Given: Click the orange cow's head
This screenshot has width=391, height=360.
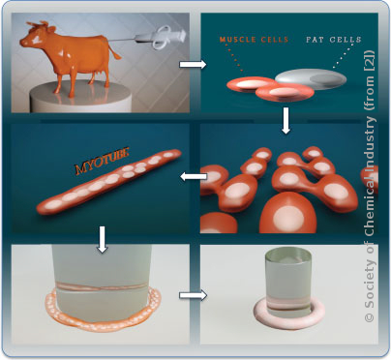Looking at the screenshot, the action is tap(32, 36).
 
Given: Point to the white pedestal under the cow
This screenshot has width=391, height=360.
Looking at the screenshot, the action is tap(80, 97).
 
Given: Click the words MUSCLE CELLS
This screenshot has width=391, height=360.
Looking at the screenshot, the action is tap(254, 40).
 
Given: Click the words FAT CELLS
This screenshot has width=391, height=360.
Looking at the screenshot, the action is tap(334, 40).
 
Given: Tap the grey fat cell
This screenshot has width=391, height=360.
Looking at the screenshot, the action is tap(311, 78).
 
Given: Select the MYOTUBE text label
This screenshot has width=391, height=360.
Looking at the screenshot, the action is tap(102, 161).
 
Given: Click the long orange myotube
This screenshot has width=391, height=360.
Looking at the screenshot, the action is tap(108, 182).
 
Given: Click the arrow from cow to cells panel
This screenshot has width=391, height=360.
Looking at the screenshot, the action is tap(193, 65).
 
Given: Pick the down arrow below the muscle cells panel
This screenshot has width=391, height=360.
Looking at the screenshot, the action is tap(286, 120).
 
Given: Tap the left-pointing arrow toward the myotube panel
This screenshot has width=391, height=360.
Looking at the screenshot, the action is tap(194, 176).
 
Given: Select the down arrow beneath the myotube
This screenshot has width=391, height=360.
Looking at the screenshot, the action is tap(103, 239).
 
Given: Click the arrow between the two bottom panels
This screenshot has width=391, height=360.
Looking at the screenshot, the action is tap(193, 295).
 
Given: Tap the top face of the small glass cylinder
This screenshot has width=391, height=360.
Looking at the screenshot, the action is tap(288, 256).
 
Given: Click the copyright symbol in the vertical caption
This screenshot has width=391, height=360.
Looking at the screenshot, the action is tap(370, 316).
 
